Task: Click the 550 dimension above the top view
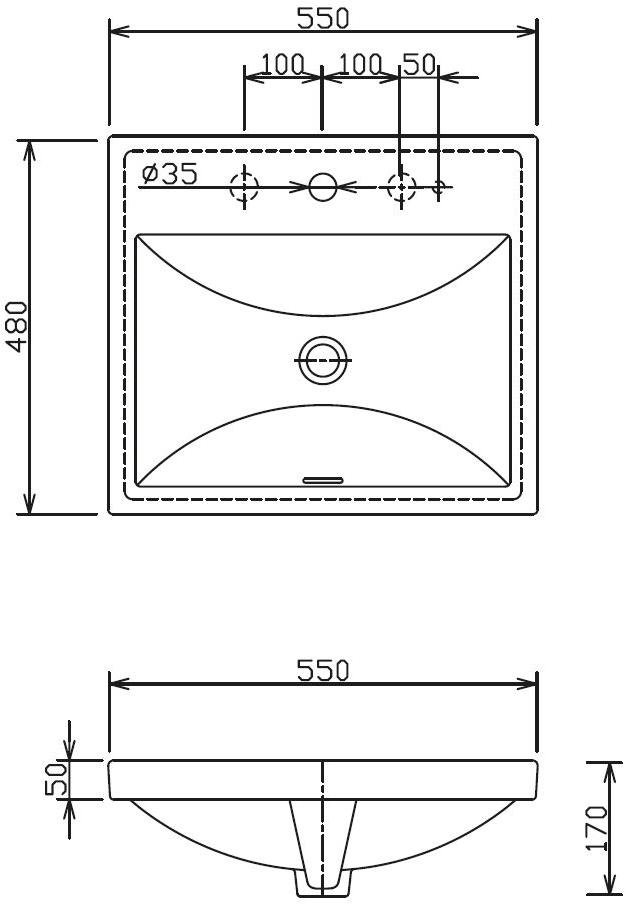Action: click(322, 17)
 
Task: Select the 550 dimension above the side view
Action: click(322, 669)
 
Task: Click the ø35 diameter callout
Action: click(169, 174)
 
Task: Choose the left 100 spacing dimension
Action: click(282, 65)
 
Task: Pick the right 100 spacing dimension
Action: click(360, 65)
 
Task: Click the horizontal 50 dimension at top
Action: click(419, 65)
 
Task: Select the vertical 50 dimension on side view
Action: click(56, 779)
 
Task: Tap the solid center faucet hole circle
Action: click(322, 186)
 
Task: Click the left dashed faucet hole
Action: click(244, 186)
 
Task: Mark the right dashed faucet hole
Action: click(400, 186)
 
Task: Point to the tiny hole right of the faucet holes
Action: click(438, 186)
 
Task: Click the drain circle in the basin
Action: click(322, 359)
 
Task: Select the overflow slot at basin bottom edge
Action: click(322, 479)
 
